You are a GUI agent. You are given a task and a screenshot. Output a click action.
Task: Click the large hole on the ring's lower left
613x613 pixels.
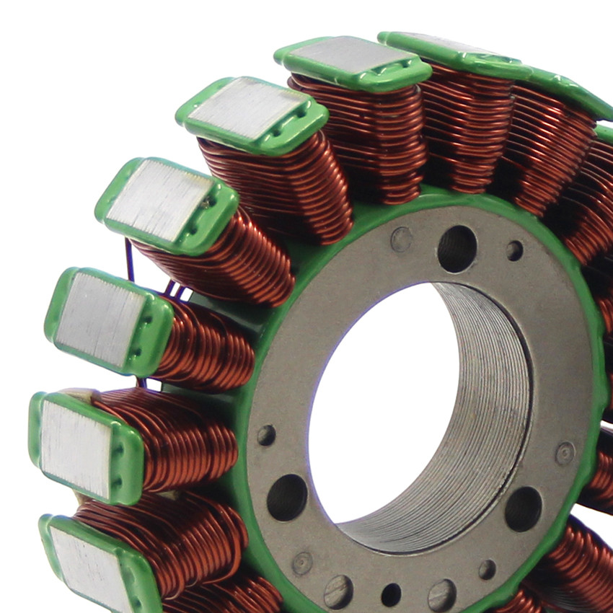click(x=286, y=497)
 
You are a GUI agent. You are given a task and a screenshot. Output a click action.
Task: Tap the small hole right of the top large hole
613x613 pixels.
click(x=514, y=250)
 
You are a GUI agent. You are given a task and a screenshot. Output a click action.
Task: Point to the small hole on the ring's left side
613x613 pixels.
click(x=266, y=435)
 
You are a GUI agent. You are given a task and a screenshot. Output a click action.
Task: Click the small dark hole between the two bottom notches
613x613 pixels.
click(x=391, y=594)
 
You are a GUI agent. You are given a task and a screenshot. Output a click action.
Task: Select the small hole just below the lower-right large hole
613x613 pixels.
click(x=488, y=569)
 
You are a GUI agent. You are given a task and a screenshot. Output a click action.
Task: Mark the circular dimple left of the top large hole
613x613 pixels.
click(x=401, y=239)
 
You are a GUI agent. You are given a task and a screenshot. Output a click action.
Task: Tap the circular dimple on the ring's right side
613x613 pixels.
click(x=565, y=453)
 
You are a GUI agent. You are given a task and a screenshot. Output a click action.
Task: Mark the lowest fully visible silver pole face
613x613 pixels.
click(x=76, y=447)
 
